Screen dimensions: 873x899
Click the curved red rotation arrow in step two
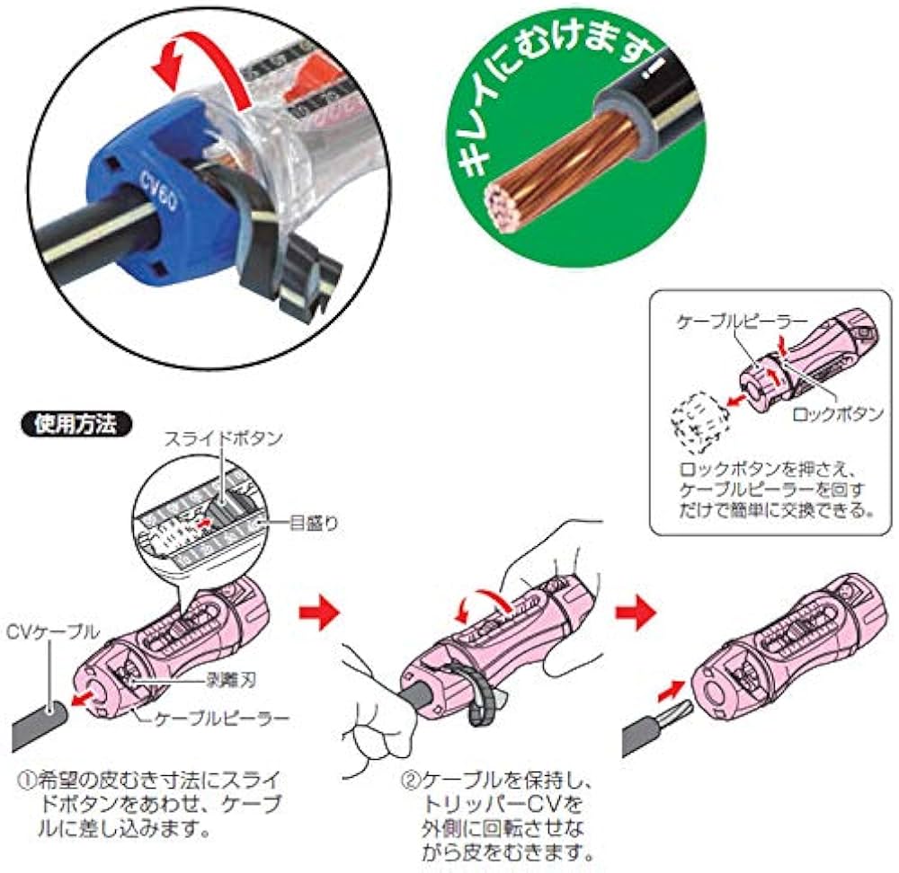482,604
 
